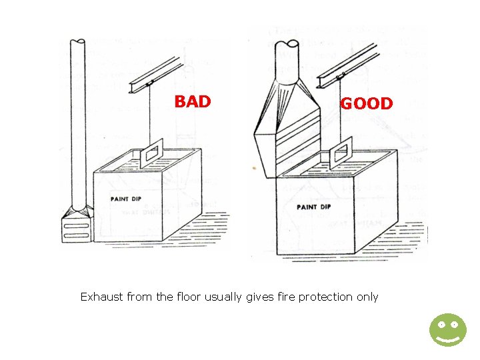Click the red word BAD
coord(193,102)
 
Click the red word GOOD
coord(367,104)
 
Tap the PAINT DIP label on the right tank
coord(313,207)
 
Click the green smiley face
coord(447,330)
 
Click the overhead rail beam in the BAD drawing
coord(155,77)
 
